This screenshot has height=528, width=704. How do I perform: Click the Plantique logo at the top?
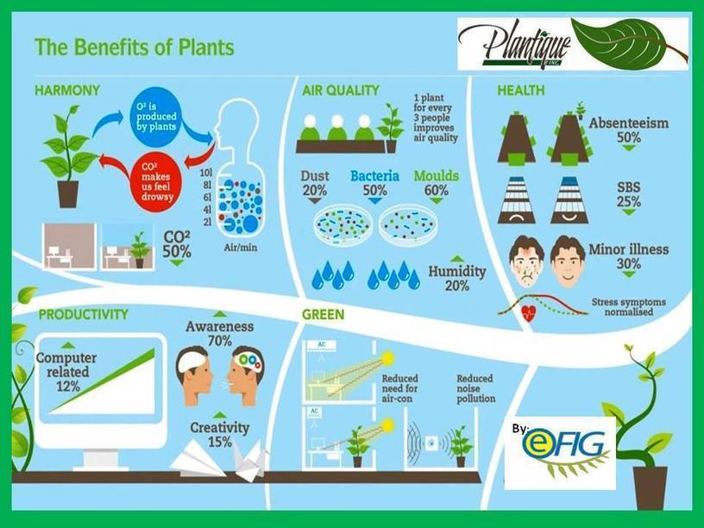572,43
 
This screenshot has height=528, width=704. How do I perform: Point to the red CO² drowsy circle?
156,178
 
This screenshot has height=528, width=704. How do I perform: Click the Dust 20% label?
315,183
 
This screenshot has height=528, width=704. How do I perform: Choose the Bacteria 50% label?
374,183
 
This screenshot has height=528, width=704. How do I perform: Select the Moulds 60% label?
437,183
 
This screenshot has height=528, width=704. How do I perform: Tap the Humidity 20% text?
457,278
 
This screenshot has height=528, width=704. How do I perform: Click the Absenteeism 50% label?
628,130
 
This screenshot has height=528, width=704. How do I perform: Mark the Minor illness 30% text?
628,257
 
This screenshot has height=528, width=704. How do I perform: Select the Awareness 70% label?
220,333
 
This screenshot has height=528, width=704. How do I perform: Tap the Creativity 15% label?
220,435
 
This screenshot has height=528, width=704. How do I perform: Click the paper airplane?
198,462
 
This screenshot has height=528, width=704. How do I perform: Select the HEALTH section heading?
520,90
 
